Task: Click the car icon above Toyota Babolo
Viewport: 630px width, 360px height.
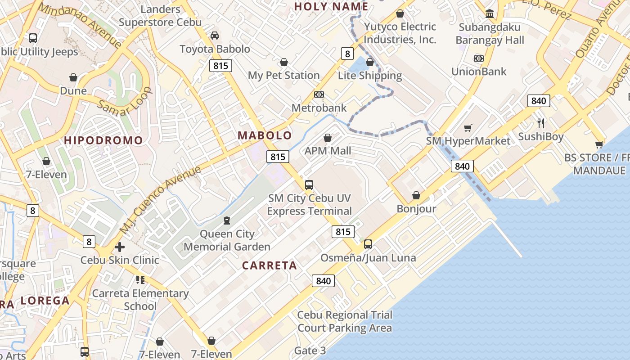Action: (215, 36)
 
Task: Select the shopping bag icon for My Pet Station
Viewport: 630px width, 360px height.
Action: (284, 62)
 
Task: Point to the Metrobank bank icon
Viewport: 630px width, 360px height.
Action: (319, 94)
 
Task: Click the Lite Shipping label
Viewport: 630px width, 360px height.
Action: (370, 76)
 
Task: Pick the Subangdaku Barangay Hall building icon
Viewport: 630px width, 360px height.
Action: (490, 13)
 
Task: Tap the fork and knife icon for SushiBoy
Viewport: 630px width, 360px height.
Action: (541, 123)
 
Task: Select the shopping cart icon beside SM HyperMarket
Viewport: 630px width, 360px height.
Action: (468, 128)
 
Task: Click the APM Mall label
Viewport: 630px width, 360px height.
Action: (328, 151)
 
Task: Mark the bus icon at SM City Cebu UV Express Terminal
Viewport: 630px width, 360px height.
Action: (309, 185)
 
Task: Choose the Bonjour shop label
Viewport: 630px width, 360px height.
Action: (416, 209)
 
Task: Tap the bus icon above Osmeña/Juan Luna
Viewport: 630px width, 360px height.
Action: (368, 244)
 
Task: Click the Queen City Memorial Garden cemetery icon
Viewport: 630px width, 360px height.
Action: (227, 220)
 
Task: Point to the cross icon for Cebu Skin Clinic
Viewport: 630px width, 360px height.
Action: (120, 247)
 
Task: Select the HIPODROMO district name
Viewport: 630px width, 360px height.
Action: (103, 140)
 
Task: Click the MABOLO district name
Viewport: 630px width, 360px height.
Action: (265, 135)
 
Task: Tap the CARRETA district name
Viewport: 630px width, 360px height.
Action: (270, 265)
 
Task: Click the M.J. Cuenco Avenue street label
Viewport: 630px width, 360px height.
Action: (160, 200)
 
